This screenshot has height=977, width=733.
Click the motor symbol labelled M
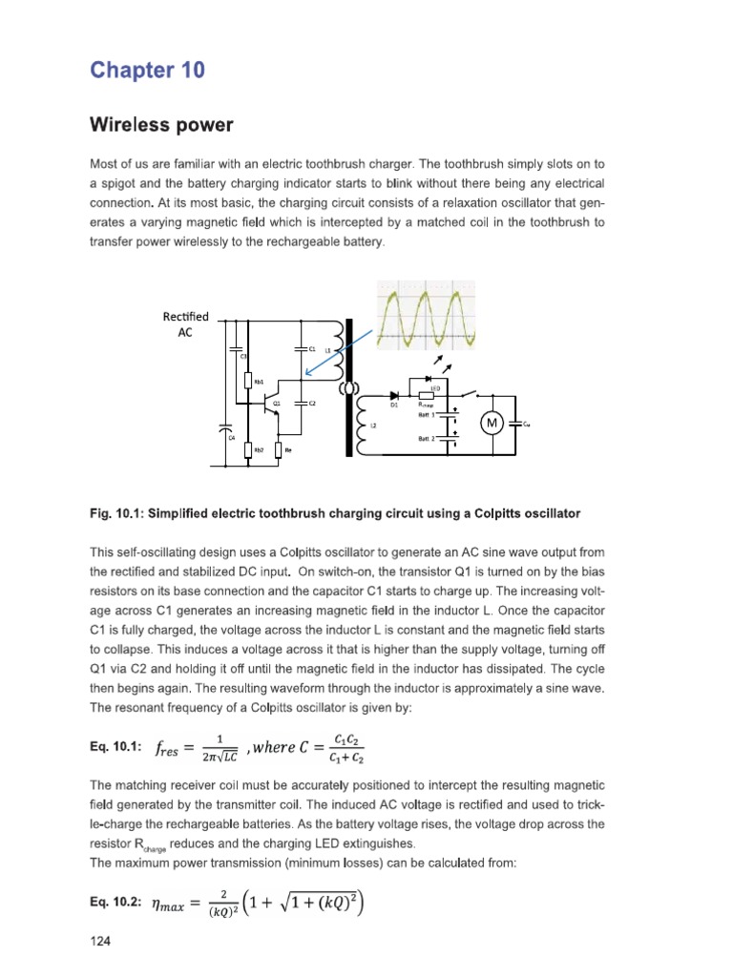click(492, 423)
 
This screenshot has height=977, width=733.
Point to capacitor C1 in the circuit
click(302, 349)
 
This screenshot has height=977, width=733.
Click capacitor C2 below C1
click(302, 403)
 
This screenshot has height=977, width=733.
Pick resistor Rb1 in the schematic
click(248, 381)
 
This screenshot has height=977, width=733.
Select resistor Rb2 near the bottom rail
click(248, 449)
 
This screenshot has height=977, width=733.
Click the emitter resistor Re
click(279, 449)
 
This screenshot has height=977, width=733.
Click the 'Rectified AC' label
click(185, 325)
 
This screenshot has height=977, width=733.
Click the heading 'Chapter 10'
click(147, 71)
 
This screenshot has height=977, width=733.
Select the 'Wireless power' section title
click(161, 125)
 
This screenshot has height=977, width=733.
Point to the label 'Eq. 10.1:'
click(115, 746)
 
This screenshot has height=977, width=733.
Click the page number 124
click(100, 941)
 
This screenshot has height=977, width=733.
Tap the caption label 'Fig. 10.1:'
click(117, 513)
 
